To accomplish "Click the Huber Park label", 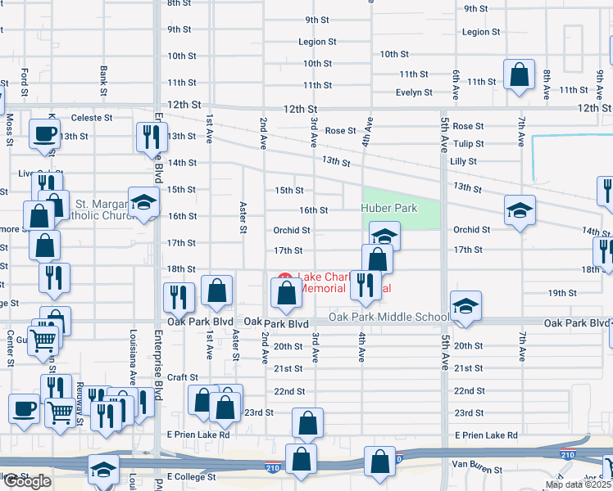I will pos(389,208).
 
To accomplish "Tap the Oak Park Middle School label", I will pos(389,317).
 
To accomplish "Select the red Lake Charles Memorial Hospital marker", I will pos(285,278).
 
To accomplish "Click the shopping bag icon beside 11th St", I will pos(520,77).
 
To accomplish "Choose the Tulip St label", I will pos(468,144).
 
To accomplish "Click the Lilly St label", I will pos(463,162).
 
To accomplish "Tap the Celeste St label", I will pos(91,118).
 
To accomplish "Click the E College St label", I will pos(191,476).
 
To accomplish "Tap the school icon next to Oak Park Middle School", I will pos(465,306).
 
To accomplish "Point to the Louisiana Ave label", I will pos(132,357).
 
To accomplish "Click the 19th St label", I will pos(563,292).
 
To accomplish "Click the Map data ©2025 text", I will pos(579,484).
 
